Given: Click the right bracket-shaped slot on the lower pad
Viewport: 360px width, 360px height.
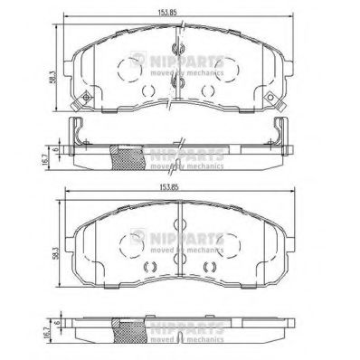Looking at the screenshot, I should coord(211,265).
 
